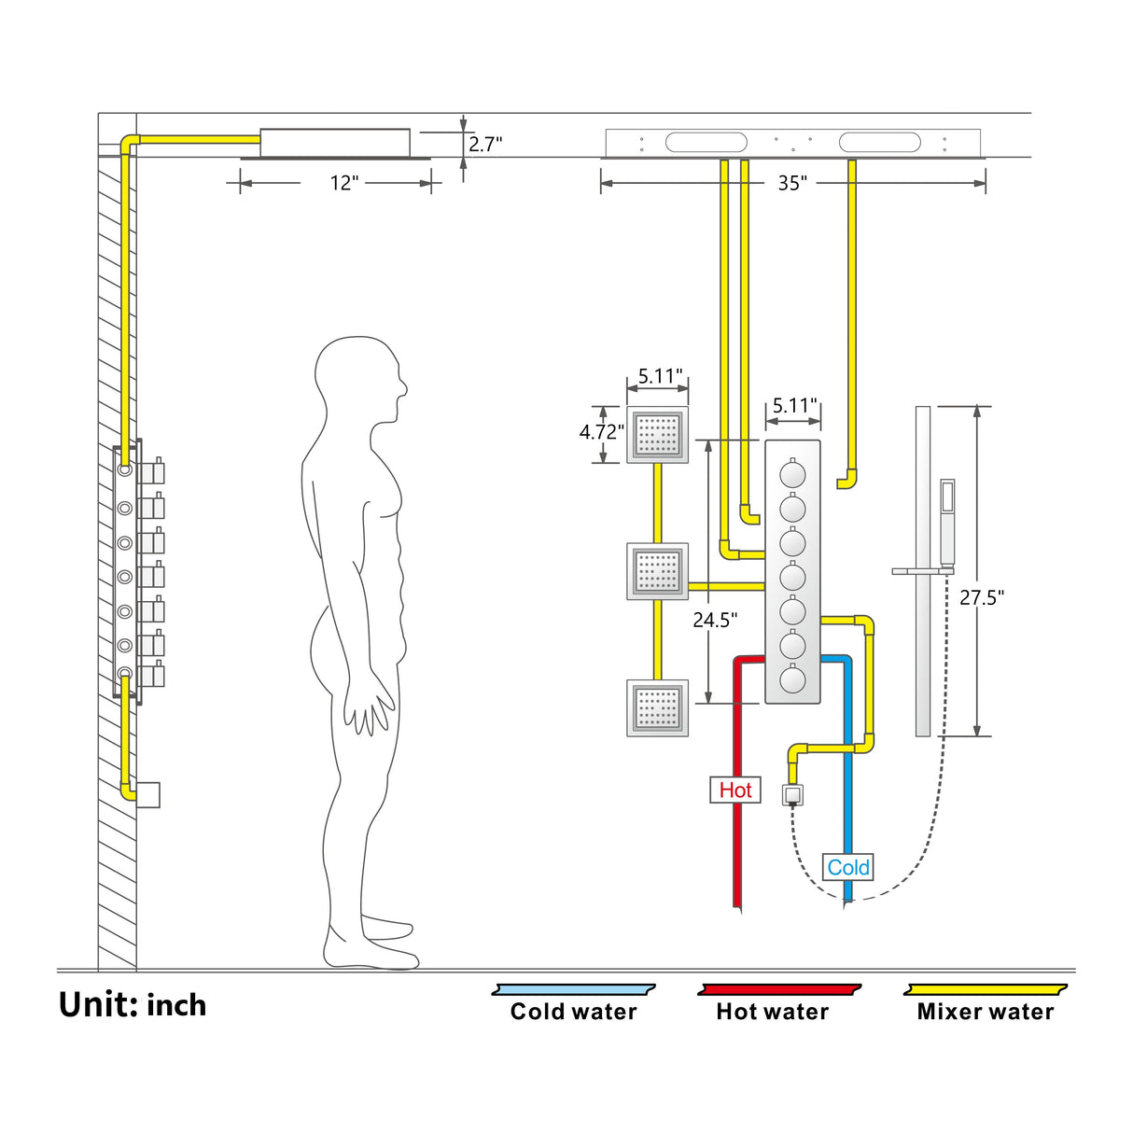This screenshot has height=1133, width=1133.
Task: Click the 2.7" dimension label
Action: pos(485,145)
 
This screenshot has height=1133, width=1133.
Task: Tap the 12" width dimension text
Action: pos(343,183)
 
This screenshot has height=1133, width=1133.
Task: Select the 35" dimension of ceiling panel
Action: pos(792,183)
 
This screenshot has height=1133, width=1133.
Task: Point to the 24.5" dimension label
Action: pos(715,620)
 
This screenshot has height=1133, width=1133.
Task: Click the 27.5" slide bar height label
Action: pos(982,597)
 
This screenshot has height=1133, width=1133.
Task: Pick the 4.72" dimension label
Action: pos(601,432)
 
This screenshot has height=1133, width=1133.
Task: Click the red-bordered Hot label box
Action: pos(735,790)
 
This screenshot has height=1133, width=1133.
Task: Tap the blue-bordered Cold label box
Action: pos(847,868)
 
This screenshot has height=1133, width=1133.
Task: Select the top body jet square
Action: pos(657,435)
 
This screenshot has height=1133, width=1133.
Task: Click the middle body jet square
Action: pos(657,571)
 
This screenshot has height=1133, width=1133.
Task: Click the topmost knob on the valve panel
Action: pos(792,474)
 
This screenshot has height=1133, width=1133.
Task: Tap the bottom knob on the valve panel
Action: pos(792,679)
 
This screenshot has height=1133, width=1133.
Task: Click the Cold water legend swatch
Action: pos(574,989)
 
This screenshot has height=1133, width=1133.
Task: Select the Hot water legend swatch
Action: pos(779,989)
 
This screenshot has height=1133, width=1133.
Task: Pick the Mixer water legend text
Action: pos(985,1013)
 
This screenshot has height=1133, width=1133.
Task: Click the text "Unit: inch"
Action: pos(133,1005)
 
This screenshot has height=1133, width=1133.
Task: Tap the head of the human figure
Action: pos(359,381)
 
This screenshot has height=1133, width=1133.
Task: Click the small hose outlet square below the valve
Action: pos(792,795)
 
